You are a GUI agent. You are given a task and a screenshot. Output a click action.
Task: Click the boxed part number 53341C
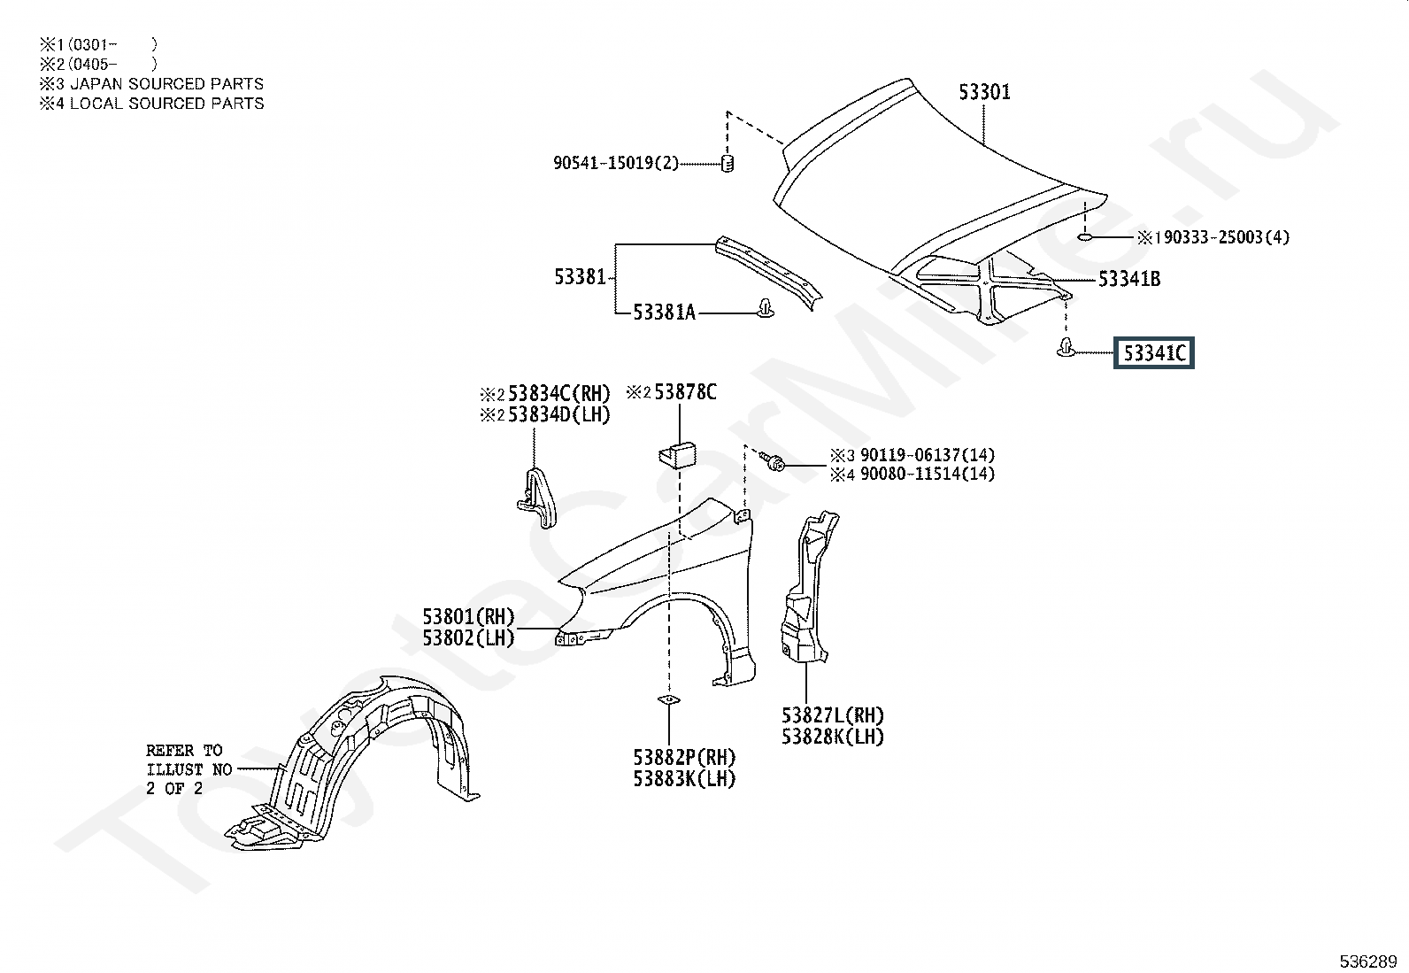(x=1154, y=354)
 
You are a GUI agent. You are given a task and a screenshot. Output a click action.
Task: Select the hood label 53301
(x=984, y=92)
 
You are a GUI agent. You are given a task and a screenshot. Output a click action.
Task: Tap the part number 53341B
(x=1129, y=280)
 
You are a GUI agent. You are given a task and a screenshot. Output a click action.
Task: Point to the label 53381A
(x=664, y=313)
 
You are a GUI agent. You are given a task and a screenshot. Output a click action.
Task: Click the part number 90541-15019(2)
(x=616, y=163)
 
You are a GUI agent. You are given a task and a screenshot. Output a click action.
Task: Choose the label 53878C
(x=685, y=392)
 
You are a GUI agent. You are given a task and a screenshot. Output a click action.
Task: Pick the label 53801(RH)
(x=468, y=617)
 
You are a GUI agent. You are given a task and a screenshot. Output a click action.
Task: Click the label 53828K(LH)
(x=832, y=737)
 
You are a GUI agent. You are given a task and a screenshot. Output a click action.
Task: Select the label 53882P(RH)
(x=684, y=758)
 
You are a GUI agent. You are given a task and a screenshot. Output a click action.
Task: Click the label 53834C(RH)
(x=558, y=394)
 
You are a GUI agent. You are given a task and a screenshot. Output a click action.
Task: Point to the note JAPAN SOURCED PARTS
(x=166, y=84)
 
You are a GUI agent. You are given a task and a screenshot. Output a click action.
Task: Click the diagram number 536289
(x=1367, y=961)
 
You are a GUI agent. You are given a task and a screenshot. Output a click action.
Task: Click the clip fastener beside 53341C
(x=1065, y=348)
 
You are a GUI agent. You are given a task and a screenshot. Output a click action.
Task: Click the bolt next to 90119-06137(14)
(x=774, y=462)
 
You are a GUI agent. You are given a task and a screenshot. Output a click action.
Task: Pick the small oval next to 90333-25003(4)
(x=1087, y=237)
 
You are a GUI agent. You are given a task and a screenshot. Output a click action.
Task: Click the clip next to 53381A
(x=764, y=310)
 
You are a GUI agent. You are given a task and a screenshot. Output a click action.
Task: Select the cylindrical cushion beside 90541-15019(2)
(x=728, y=163)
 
